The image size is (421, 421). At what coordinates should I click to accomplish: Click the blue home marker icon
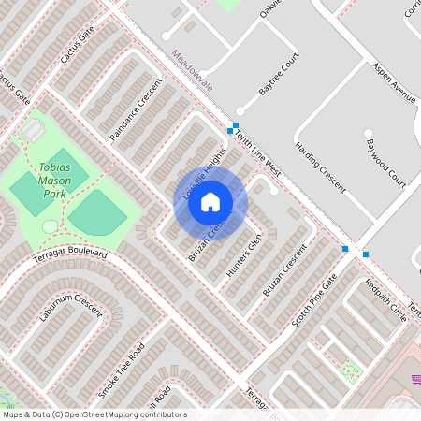tap(210, 201)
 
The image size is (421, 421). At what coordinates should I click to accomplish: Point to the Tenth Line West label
tap(258, 154)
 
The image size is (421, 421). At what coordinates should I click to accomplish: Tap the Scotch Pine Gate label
tap(313, 300)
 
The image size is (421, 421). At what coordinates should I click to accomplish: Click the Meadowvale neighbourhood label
tap(193, 69)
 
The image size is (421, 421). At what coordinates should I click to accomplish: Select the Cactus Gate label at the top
tap(77, 45)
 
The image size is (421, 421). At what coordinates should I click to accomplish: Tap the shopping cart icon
tap(414, 379)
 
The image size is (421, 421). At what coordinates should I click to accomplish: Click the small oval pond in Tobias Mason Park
tap(50, 226)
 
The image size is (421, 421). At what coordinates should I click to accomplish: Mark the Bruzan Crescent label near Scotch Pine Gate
tap(284, 271)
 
